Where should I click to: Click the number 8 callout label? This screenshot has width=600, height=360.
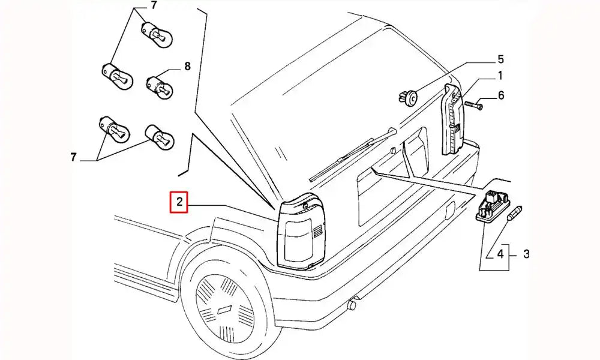(x=187, y=67)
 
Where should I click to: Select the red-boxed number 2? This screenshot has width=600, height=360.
(x=179, y=202)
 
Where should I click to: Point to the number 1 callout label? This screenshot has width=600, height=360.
(x=500, y=76)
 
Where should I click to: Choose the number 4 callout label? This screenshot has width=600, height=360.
(x=499, y=254)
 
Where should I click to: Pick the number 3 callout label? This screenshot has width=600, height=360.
(x=526, y=254)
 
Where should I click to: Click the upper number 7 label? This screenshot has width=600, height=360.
(x=154, y=7)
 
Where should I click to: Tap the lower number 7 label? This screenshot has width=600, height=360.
(x=73, y=157)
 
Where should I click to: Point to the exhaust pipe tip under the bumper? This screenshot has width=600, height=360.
(x=352, y=305)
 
